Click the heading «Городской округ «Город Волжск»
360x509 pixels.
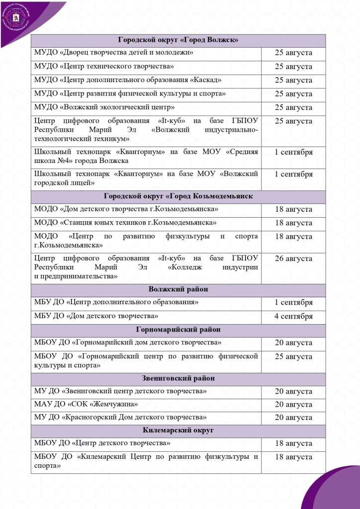pos(178,40)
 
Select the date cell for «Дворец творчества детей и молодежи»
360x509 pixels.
pos(293,53)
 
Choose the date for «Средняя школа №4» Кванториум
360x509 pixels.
pos(293,152)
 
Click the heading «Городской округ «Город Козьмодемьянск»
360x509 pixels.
pos(178,196)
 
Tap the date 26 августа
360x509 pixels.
pos(293,259)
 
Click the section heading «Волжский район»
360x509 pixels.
pos(178,289)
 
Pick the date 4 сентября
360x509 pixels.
pos(293,316)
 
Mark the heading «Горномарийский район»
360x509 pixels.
pos(178,330)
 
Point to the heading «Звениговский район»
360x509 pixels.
pos(178,378)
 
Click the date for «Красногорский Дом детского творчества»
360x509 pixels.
pos(293,418)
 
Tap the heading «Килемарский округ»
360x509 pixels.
pos(178,430)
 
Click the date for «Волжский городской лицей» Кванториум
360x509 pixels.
pos(293,174)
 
